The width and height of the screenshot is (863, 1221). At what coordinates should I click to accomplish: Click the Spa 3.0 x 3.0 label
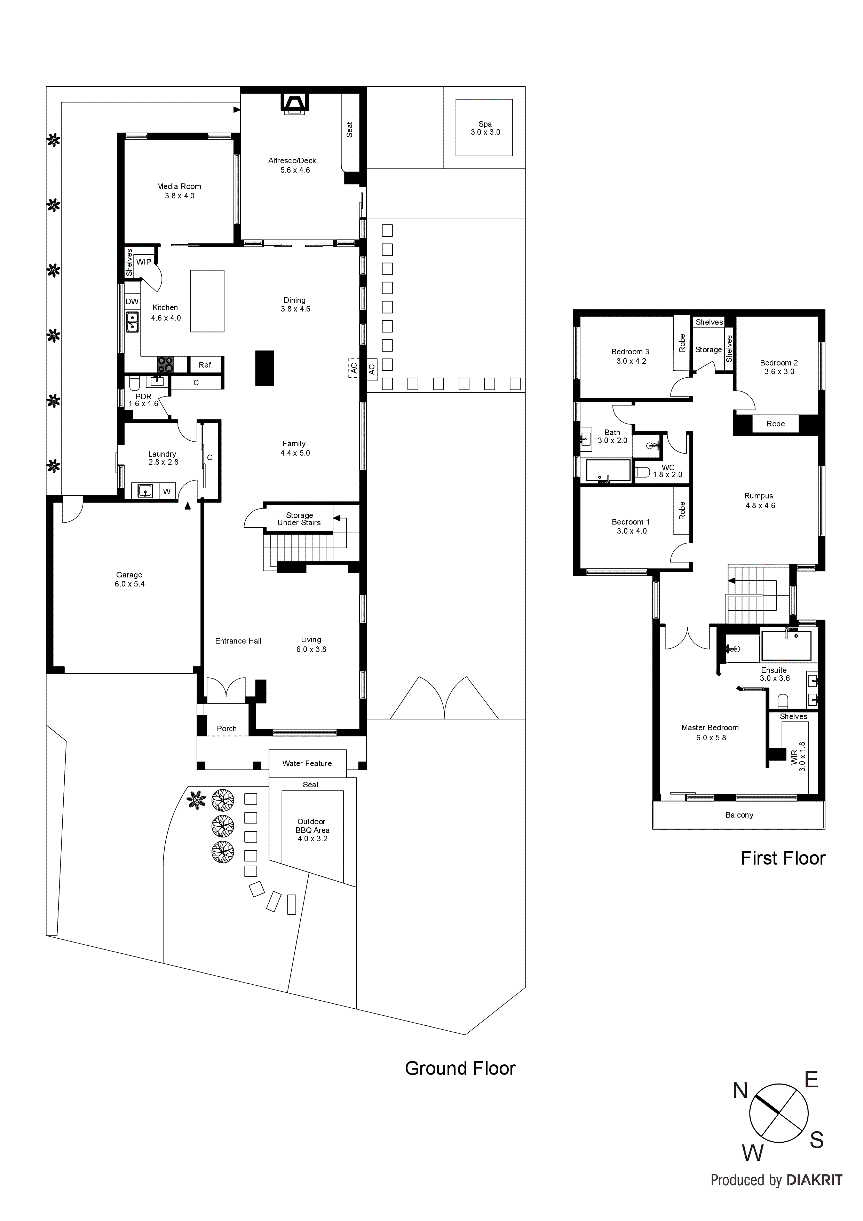coord(485,128)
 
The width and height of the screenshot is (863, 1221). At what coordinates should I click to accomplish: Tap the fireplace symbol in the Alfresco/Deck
coord(294,103)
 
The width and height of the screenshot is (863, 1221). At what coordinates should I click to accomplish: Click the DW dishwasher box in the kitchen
coord(132,301)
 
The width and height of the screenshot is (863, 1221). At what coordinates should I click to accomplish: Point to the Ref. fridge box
coord(206,365)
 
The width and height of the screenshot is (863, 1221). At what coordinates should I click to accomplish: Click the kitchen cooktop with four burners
coord(165,364)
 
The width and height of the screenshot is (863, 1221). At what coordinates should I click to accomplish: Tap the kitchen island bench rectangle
coord(207,301)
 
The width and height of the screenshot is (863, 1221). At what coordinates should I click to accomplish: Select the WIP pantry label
coord(144,262)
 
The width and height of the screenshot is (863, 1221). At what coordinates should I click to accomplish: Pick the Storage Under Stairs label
coord(299,519)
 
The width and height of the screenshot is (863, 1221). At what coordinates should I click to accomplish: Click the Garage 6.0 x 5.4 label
coord(129,579)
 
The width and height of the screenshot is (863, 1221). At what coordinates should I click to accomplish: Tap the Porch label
coord(227,728)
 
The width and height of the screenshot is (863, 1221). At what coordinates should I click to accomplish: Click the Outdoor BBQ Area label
coord(312,829)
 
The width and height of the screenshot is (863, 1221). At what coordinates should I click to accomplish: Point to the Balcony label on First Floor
coord(739,815)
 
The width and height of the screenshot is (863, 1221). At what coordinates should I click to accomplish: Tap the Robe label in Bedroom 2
coord(775,424)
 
